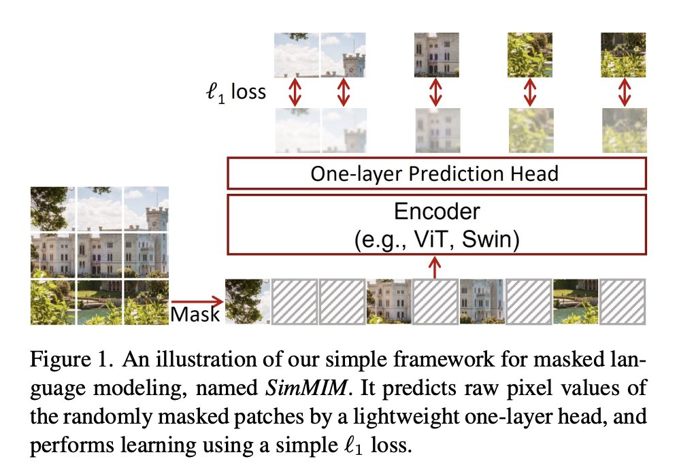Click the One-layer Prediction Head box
[435, 173]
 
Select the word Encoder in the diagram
[437, 212]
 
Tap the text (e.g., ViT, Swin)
[437, 240]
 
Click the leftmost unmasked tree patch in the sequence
[248, 301]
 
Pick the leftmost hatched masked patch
[295, 301]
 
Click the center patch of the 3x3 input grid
[99, 255]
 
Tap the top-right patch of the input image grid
[146, 209]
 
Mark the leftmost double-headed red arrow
[295, 92]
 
